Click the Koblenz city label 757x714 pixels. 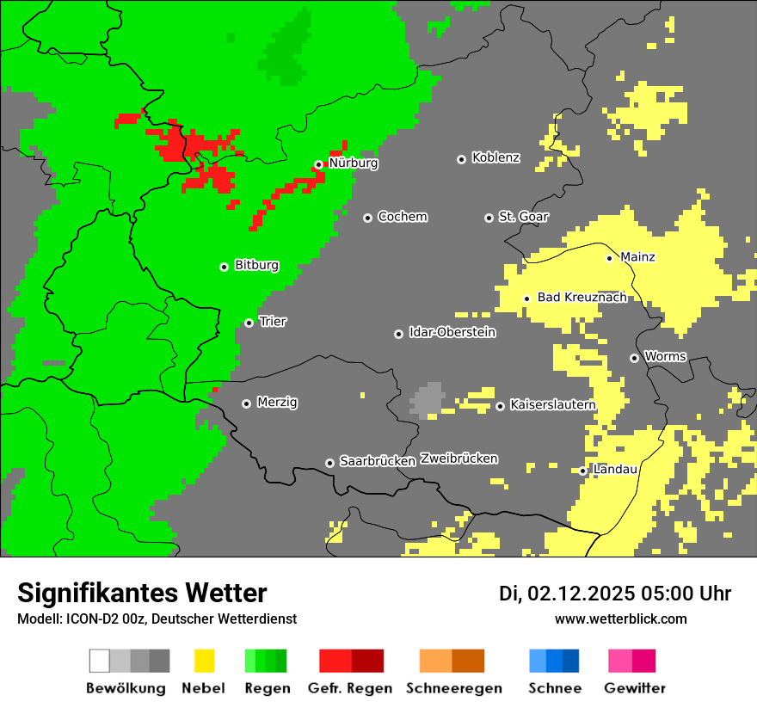(x=495, y=157)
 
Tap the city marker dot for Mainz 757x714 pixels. (x=609, y=258)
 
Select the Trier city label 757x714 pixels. (x=273, y=322)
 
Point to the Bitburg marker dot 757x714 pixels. (x=224, y=267)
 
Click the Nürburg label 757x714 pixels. (x=353, y=163)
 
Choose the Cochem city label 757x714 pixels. (x=402, y=217)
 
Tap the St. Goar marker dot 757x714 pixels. (x=489, y=218)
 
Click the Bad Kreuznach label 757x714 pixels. (x=582, y=298)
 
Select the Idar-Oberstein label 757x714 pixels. (x=452, y=333)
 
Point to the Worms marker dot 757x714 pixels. (x=634, y=358)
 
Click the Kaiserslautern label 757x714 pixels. (x=552, y=405)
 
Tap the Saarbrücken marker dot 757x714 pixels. (x=329, y=463)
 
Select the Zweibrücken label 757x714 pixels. (x=459, y=459)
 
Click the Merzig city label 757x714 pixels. (x=277, y=403)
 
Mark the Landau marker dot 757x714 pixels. (x=582, y=471)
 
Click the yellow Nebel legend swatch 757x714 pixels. (x=204, y=661)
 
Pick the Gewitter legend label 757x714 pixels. (x=634, y=688)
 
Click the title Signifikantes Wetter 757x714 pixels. (x=142, y=593)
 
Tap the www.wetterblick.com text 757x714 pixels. (x=620, y=619)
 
